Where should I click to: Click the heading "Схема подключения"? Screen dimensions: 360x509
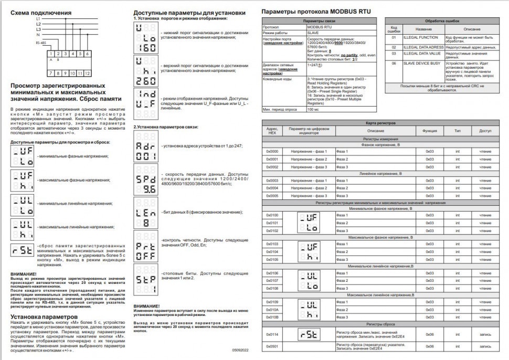tap(41, 12)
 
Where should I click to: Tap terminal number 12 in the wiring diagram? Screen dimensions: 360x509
tap(87, 73)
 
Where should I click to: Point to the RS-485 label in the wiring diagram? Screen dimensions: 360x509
tap(41, 43)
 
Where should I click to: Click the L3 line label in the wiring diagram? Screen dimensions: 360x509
tap(38, 29)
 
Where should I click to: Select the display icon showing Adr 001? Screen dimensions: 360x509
tap(145, 151)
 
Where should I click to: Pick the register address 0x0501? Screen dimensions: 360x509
tap(272, 346)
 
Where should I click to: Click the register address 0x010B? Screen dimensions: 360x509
tap(272, 317)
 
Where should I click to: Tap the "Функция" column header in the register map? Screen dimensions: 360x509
tap(429, 130)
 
